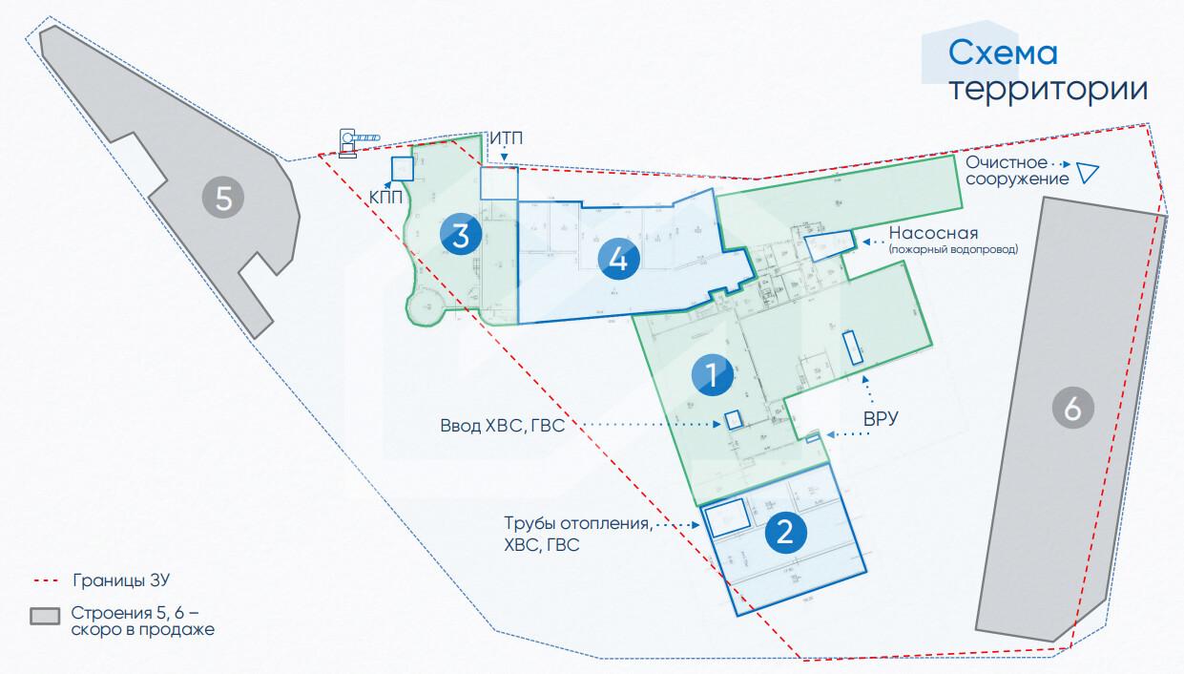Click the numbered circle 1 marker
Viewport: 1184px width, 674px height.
click(x=712, y=374)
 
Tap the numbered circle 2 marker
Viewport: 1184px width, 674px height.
click(x=785, y=532)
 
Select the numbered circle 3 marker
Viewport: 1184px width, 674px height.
click(x=460, y=235)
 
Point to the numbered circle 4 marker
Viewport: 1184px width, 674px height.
click(x=618, y=259)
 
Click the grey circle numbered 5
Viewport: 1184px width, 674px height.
click(x=223, y=199)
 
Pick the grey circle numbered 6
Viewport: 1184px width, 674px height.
click(x=1072, y=410)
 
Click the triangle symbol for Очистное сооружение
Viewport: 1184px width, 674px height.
click(x=1087, y=173)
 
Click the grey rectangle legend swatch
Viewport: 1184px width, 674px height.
click(x=44, y=616)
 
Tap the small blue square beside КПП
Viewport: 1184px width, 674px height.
click(x=402, y=169)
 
